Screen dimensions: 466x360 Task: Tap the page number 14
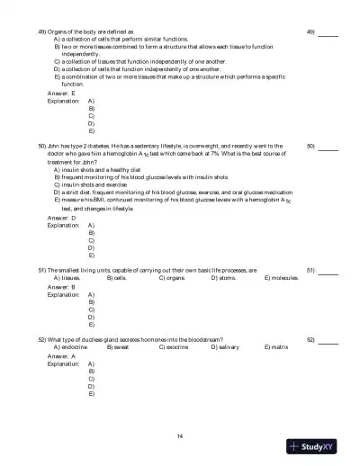[180, 436]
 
